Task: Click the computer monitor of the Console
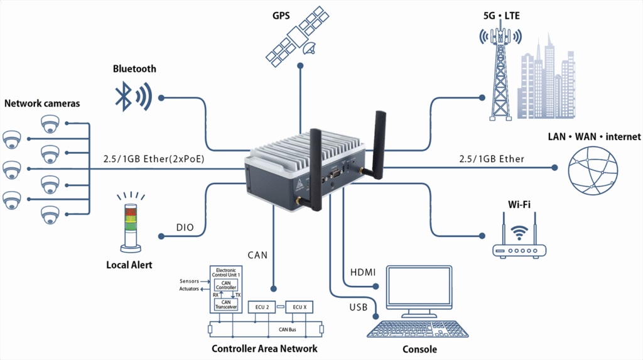point(419,290)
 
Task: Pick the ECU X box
point(300,307)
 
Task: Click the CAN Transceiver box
point(225,305)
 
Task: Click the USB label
point(359,307)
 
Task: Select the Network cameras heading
point(42,103)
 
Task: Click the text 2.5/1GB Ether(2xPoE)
point(154,159)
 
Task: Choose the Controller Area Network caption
point(264,349)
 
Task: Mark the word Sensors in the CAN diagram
point(189,281)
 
